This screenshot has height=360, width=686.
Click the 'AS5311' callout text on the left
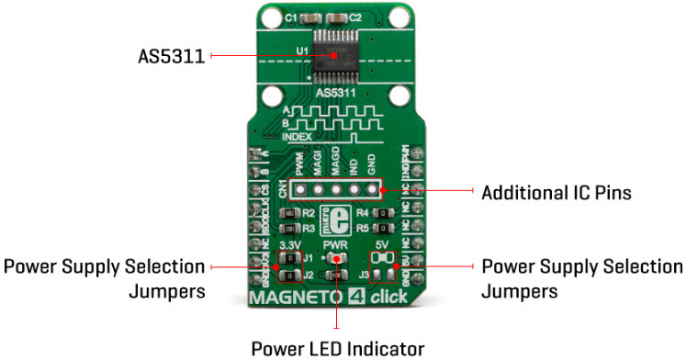(x=166, y=56)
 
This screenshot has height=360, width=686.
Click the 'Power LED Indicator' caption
(x=338, y=348)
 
